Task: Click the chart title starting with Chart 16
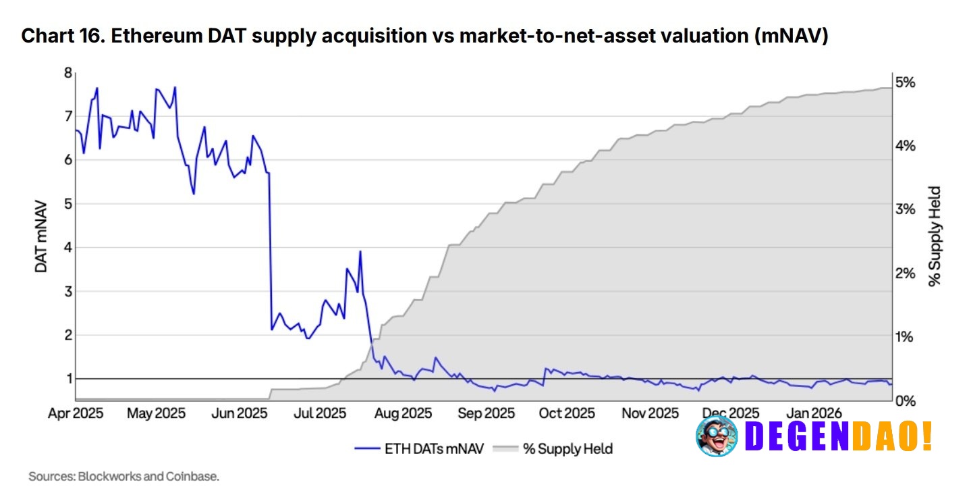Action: coord(424,36)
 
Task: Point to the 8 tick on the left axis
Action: coord(67,73)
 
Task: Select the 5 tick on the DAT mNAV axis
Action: coord(67,204)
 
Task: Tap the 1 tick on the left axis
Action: coord(67,379)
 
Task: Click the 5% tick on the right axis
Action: coord(905,82)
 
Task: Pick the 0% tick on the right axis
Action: coord(905,400)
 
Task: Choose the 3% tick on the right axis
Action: coord(905,209)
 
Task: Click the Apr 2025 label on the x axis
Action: coord(76,413)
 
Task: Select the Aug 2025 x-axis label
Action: coord(403,413)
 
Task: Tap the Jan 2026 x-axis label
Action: coord(813,413)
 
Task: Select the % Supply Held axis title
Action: coord(935,236)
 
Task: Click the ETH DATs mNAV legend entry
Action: coord(418,448)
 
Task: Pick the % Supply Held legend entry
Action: coord(554,448)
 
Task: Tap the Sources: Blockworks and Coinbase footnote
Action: coord(123,477)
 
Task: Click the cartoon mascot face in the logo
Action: coord(717,437)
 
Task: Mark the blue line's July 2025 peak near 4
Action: coord(360,252)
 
